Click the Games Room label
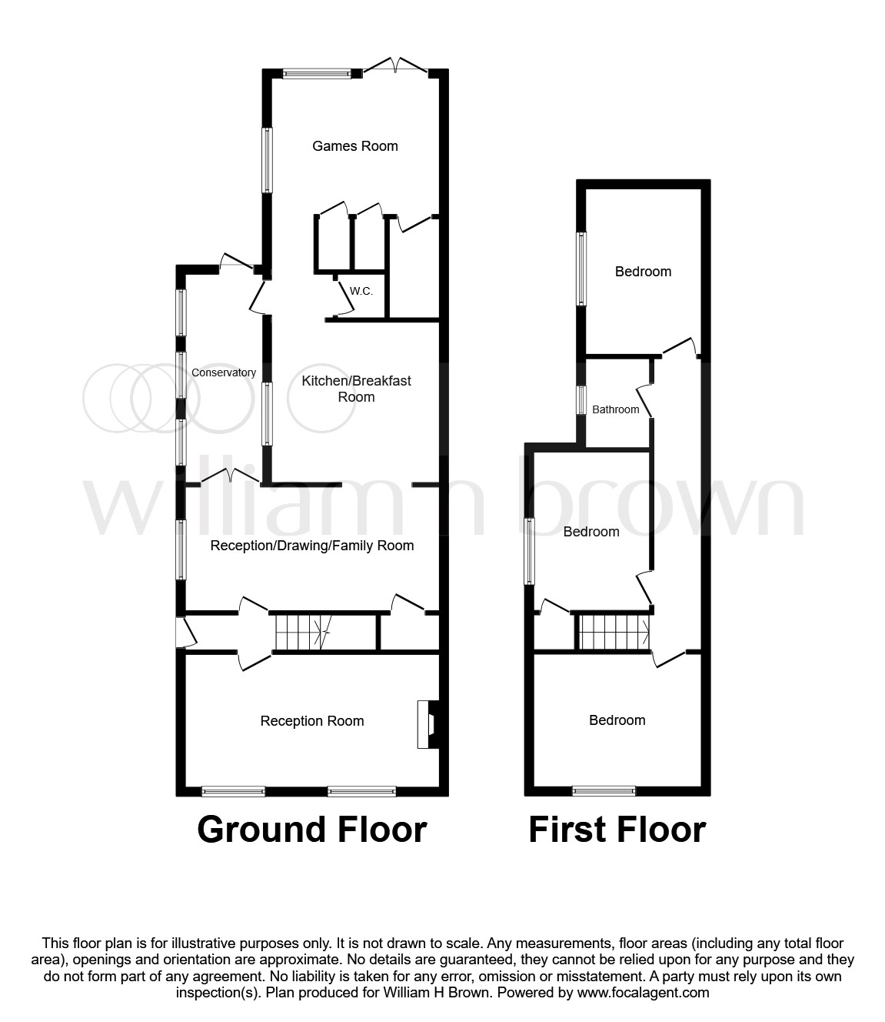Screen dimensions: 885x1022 pyautogui.click(x=354, y=146)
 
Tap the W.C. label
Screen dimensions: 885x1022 pyautogui.click(x=361, y=291)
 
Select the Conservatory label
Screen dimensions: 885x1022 pyautogui.click(x=223, y=372)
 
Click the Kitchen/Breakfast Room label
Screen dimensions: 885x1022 pyautogui.click(x=356, y=389)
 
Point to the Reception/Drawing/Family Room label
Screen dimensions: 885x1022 pyautogui.click(x=312, y=546)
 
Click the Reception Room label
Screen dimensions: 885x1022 pyautogui.click(x=312, y=721)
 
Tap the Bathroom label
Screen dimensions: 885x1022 pyautogui.click(x=615, y=409)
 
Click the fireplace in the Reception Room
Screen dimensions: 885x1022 pyautogui.click(x=428, y=724)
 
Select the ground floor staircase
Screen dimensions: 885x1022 pyautogui.click(x=303, y=633)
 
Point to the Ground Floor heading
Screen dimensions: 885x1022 pyautogui.click(x=312, y=830)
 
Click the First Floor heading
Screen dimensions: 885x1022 pyautogui.click(x=617, y=830)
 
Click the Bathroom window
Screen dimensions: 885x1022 pyautogui.click(x=581, y=400)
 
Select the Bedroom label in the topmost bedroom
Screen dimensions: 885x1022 pyautogui.click(x=643, y=272)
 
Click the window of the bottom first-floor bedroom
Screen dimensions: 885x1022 pyautogui.click(x=604, y=791)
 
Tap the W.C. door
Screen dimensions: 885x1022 pyautogui.click(x=345, y=298)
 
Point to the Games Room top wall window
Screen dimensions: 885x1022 pyautogui.click(x=317, y=74)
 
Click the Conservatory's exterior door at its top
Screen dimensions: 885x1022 pyautogui.click(x=236, y=262)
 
